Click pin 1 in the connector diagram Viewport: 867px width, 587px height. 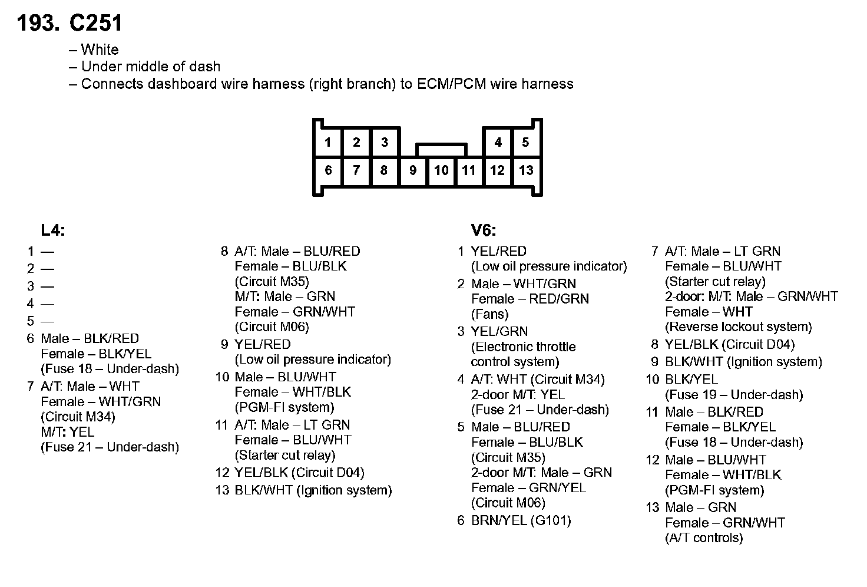pos(328,142)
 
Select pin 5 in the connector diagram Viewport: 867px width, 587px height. pos(525,142)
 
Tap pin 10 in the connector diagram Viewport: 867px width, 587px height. pos(441,170)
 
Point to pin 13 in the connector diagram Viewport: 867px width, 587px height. pos(526,170)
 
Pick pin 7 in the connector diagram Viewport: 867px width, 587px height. pos(356,170)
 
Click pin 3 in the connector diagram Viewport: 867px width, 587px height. pos(385,142)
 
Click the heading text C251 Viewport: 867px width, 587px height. pos(96,23)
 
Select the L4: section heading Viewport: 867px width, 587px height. pos(53,230)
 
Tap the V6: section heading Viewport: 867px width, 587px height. pos(484,230)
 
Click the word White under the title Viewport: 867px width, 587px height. pos(100,50)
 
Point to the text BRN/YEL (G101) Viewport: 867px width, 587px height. pos(521,520)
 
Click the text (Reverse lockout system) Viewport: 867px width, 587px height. pos(739,327)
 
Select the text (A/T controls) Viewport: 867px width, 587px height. pos(704,537)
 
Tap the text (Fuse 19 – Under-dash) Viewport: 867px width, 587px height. pos(734,395)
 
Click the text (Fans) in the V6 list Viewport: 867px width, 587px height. pos(489,314)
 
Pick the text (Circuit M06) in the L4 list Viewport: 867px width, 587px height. pos(272,327)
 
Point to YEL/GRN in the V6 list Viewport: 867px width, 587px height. pos(499,331)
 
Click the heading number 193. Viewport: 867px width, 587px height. pos(38,23)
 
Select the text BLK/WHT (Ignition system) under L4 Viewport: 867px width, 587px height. pos(313,490)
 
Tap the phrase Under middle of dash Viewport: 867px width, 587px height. pos(150,67)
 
